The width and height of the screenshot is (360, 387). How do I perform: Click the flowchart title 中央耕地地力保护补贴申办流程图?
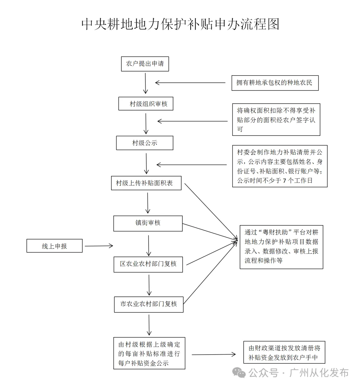[180, 24]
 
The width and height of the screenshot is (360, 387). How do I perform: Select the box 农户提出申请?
[145, 64]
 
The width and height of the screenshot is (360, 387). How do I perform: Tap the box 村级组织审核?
[146, 104]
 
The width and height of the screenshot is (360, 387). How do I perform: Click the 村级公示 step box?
[145, 143]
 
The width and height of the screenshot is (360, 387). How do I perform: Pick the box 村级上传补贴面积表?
[146, 183]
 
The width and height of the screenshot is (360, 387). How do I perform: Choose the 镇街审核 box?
[148, 223]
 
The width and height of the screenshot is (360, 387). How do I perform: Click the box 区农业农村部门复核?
[148, 264]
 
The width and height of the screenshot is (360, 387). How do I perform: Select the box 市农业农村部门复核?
[149, 304]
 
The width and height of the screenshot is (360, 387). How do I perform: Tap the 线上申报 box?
[54, 246]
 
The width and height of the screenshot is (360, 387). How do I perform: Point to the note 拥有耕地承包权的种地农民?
[275, 83]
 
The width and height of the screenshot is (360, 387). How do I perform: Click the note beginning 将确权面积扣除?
[276, 120]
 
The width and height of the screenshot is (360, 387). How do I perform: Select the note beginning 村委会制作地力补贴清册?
[280, 166]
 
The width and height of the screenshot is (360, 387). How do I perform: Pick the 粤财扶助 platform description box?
[281, 246]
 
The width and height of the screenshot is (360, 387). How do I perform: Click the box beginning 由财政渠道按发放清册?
[284, 353]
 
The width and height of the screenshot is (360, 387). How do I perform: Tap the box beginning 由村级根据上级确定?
[149, 353]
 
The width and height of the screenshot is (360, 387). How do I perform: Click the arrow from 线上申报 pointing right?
[99, 246]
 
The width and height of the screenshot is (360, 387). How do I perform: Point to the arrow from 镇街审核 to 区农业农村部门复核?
[149, 245]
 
